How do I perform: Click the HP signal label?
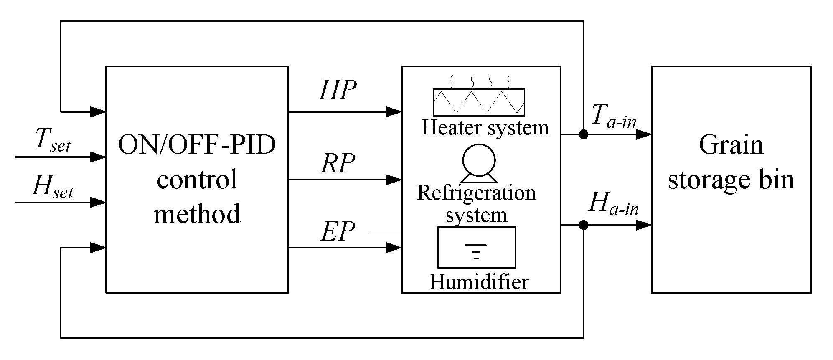338,90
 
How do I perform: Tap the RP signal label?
338,163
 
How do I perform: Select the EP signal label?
338,232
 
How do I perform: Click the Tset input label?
53,140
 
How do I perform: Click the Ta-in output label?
613,116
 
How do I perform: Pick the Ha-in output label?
613,204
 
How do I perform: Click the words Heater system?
485,127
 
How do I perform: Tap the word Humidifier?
479,282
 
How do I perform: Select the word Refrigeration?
476,193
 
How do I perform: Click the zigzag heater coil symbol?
479,102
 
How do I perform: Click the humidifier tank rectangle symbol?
476,247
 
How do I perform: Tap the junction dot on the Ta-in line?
583,134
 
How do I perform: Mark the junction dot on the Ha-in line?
583,226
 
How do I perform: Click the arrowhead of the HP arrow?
394,112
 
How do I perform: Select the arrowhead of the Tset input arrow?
99,157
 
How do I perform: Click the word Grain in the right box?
731,145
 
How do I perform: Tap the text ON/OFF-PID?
197,145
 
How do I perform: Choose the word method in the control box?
197,214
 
